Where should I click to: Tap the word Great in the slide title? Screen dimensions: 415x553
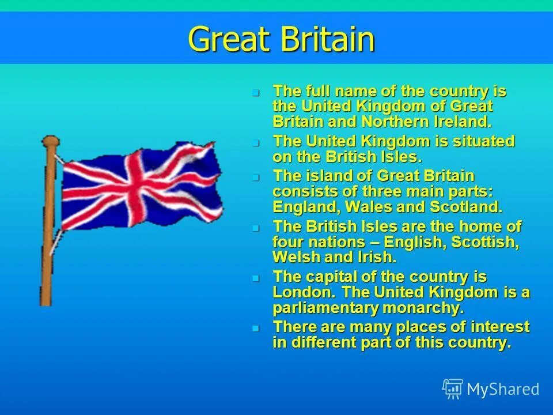tap(229, 40)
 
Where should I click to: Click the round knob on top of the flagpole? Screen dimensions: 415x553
tap(50, 141)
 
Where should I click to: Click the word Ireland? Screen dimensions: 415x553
tap(461, 122)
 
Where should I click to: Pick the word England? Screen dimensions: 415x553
tap(303, 206)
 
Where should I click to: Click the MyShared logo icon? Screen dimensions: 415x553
tap(452, 388)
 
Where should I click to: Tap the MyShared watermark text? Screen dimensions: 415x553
tap(503, 389)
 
